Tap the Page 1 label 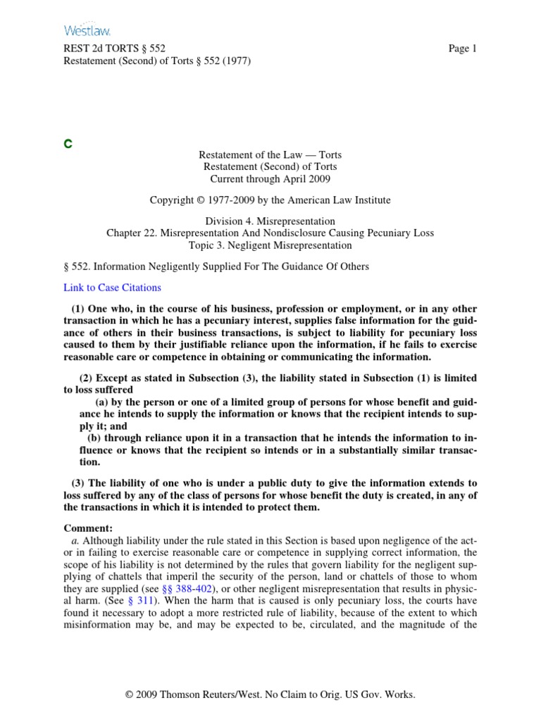click(463, 49)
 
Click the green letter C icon click(68, 144)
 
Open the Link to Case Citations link click(112, 287)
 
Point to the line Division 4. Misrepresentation click(270, 221)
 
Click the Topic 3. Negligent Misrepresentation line click(270, 245)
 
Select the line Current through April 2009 click(270, 178)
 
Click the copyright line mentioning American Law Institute click(270, 200)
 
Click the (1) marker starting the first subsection click(79, 310)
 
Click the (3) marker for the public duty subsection click(79, 483)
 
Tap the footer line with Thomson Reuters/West click(270, 695)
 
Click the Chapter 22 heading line click(270, 233)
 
